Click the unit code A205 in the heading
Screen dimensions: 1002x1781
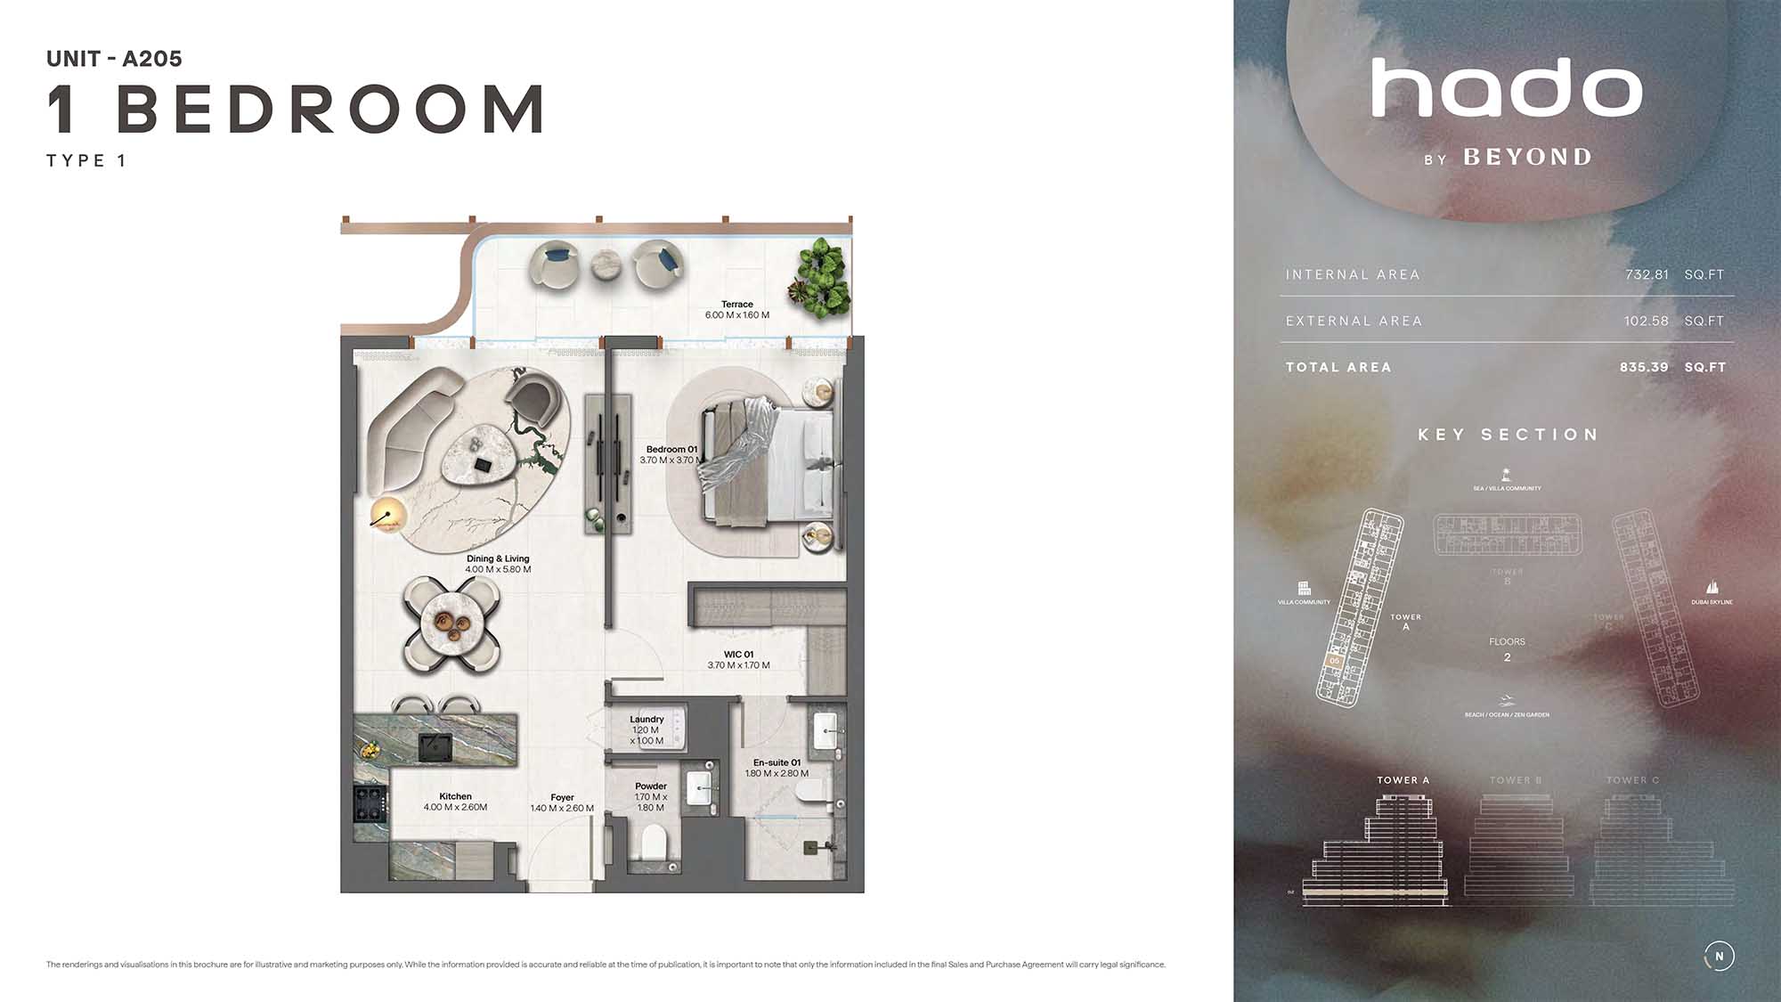151,59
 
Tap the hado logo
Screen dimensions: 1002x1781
1506,88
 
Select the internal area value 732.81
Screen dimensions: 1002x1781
1647,274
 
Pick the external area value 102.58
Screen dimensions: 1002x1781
1646,321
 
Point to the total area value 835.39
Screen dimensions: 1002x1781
1644,367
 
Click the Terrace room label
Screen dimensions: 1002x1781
736,304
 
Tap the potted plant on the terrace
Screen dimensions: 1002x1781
818,277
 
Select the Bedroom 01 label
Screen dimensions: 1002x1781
671,449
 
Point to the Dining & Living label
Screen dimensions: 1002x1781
498,558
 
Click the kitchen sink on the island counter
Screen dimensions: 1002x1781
435,746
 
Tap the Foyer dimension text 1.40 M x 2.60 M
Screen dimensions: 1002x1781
562,809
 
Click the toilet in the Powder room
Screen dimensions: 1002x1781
653,841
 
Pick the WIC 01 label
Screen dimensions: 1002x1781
738,654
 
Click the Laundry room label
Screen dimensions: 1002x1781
647,719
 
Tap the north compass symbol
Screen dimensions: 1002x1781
1719,956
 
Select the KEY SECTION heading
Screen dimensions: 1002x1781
1508,435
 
